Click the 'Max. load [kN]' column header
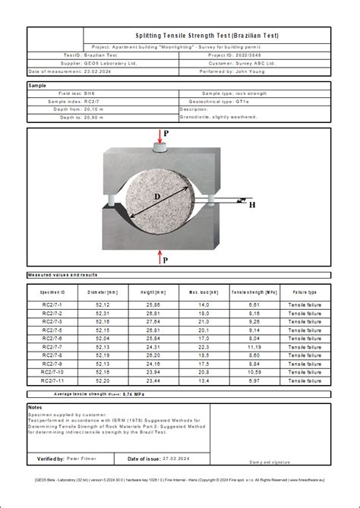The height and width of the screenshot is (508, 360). point(204,292)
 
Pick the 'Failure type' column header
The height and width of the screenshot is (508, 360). point(305,292)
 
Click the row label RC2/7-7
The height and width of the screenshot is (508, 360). point(54,347)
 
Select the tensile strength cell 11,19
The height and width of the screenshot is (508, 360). point(254,347)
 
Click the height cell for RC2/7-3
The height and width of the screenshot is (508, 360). point(153,322)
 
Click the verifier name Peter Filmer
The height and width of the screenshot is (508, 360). point(82,459)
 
